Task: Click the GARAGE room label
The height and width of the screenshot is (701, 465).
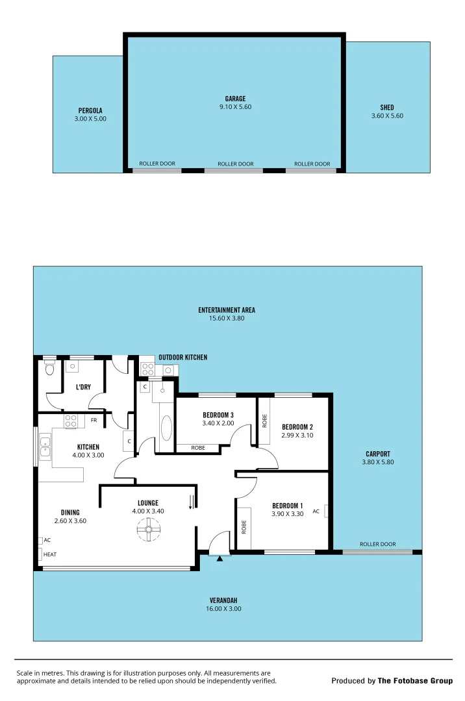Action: point(235,99)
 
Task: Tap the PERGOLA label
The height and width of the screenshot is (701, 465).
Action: point(90,110)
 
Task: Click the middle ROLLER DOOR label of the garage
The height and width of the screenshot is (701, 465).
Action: point(235,164)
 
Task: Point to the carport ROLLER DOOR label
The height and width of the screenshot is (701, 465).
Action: point(377,545)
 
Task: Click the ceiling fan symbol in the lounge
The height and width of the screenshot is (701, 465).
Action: point(149,532)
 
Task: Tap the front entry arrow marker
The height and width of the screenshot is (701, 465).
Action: point(220,557)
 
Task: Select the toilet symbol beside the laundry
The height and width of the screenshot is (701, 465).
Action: point(50,369)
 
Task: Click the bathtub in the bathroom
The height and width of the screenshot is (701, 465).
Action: point(166,430)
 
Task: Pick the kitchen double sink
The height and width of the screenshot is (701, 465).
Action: point(45,448)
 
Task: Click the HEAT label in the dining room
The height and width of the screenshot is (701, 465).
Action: point(49,554)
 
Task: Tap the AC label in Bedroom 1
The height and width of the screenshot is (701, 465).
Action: point(316,511)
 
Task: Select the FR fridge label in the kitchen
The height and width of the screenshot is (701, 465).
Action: point(94,420)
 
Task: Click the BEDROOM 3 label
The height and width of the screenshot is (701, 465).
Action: point(218,415)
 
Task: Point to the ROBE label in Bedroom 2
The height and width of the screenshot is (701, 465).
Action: point(265,421)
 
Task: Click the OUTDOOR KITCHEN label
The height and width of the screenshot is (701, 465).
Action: point(182,357)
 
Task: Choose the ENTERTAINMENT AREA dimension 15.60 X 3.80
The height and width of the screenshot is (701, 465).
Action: point(227,318)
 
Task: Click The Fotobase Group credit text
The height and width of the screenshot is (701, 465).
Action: point(415,681)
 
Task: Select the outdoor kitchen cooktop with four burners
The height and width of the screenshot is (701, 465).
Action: point(147,370)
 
